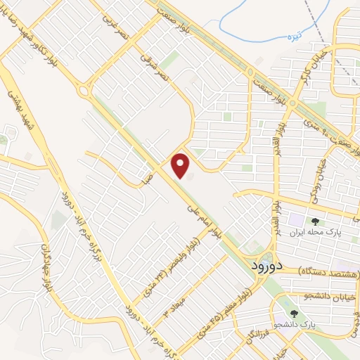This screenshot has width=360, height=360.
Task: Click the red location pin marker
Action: (181, 166)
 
